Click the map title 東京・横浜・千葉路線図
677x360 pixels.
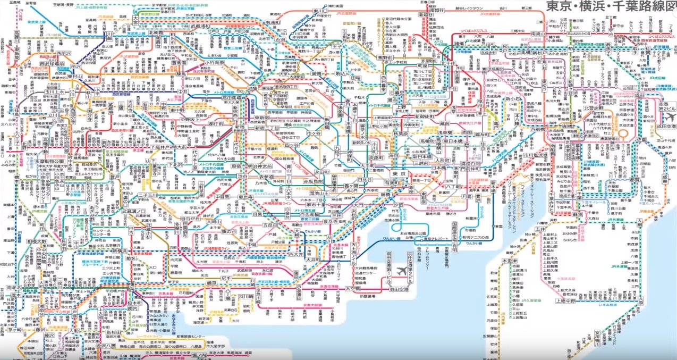click(x=610, y=9)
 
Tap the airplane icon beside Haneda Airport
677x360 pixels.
click(x=409, y=270)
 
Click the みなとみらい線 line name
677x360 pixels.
click(x=169, y=313)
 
